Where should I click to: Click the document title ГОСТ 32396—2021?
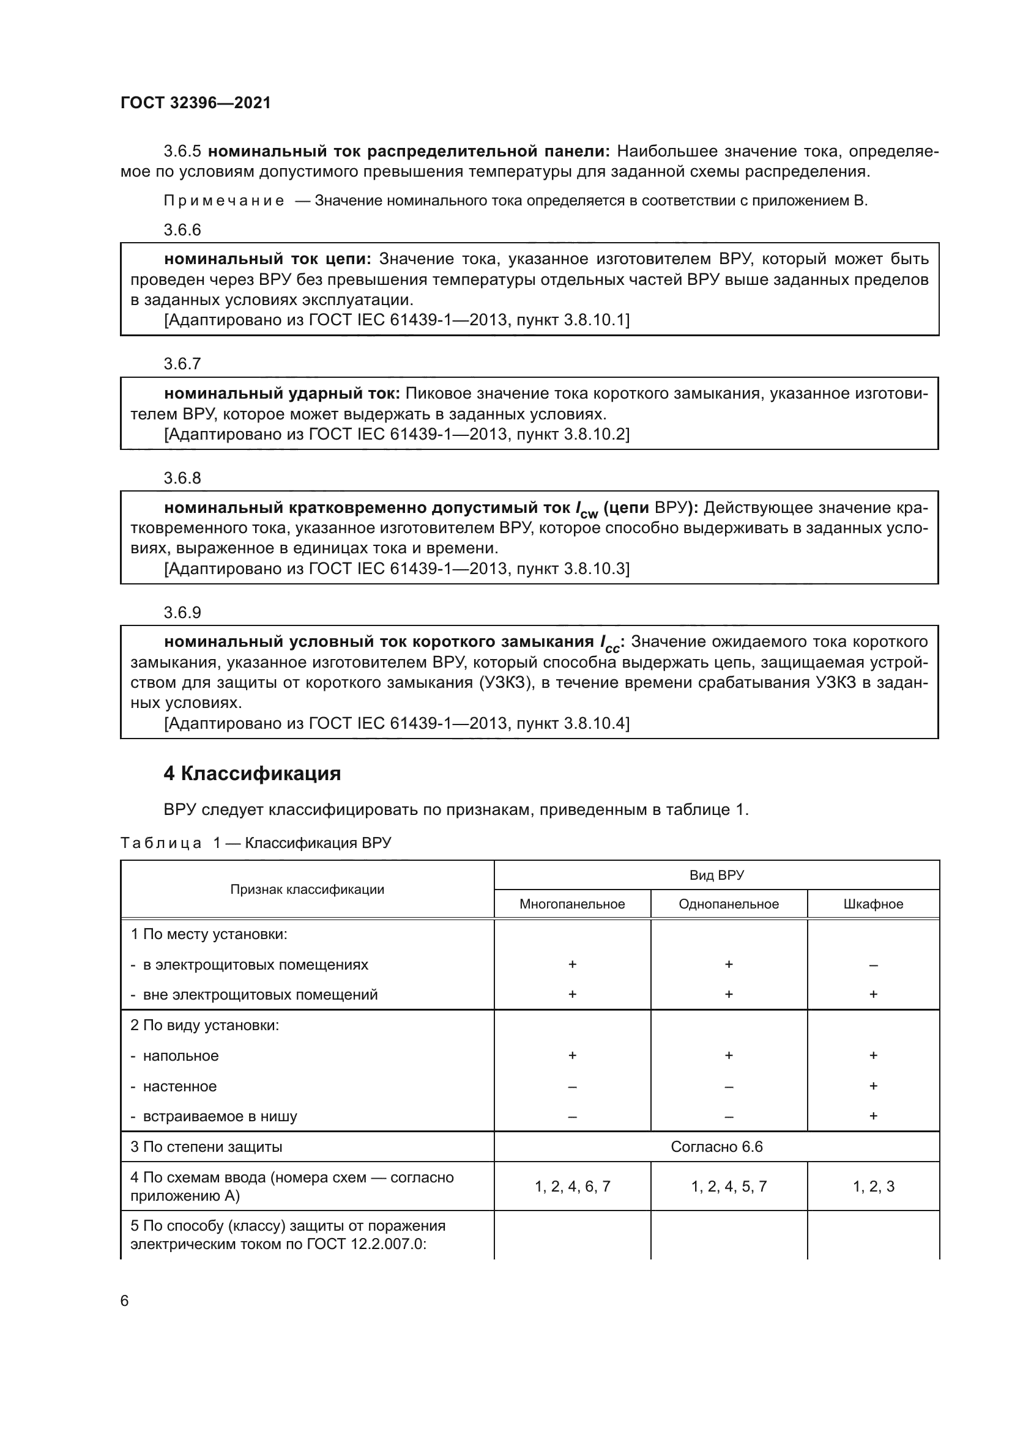[195, 103]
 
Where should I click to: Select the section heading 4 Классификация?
[251, 773]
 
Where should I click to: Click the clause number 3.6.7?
[182, 364]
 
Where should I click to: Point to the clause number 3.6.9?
[182, 612]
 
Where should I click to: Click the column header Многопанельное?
[571, 904]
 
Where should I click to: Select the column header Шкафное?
[872, 904]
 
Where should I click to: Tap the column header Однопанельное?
[728, 904]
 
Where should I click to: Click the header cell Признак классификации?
[307, 890]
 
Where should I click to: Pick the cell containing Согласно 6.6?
[716, 1146]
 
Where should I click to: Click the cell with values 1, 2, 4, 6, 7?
[571, 1187]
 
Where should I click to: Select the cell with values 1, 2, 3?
[872, 1187]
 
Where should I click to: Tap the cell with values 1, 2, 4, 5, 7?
[728, 1187]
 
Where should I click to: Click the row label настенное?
[179, 1086]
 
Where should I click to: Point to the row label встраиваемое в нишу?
[220, 1116]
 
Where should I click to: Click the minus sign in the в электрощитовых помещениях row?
[872, 965]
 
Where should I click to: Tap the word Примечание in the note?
[224, 201]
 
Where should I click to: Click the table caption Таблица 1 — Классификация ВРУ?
[256, 842]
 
